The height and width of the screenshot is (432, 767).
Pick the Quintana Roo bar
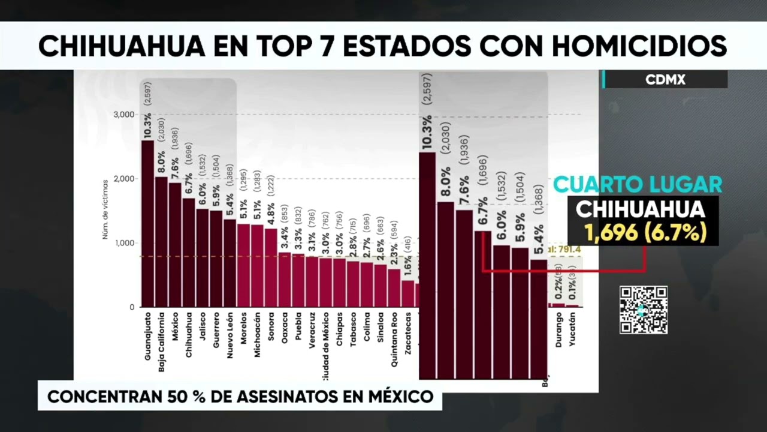point(394,287)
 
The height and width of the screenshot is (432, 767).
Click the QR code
point(643,310)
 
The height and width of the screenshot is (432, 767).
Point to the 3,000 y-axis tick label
point(124,115)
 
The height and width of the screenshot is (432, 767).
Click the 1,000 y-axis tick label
point(124,243)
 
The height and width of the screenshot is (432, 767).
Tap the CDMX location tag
point(665,80)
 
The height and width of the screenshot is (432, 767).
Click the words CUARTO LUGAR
point(637,184)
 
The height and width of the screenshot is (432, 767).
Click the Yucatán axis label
point(573,332)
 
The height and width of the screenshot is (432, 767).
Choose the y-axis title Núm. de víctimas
point(105,209)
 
